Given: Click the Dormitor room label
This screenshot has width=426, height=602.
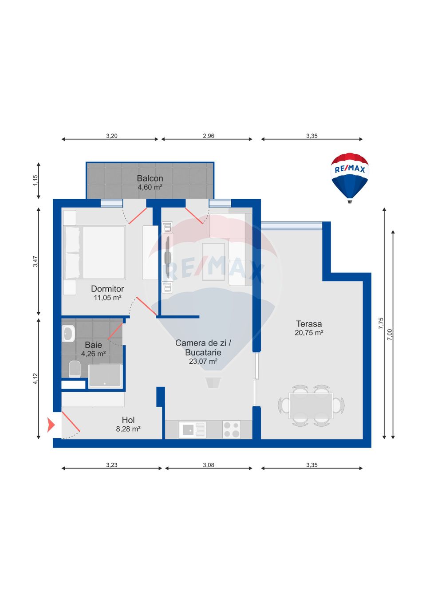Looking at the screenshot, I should point(107,289).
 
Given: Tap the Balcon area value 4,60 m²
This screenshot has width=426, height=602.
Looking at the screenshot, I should point(150,188).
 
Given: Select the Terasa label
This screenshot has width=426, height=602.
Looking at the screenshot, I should point(309,324).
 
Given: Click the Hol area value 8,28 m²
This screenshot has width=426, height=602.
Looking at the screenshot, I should point(128,429).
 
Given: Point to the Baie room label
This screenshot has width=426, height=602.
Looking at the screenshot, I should point(93,345).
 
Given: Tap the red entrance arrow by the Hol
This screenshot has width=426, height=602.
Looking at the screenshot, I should point(51,425).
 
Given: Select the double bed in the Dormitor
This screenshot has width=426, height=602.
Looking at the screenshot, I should point(95,252).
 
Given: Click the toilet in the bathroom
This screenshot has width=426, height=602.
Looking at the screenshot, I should point(75,369).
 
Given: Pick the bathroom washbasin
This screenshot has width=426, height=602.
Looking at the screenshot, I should point(68,334).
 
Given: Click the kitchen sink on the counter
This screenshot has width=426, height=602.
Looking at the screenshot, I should point(192,429).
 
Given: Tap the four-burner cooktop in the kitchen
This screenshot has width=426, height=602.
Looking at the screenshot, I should point(231,429).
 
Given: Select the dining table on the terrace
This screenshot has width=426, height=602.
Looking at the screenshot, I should point(311,405).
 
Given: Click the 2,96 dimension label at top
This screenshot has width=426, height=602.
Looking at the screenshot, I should point(208,136).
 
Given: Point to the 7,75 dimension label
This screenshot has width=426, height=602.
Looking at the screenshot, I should point(381,323).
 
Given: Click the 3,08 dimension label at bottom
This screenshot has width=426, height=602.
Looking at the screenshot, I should point(208,465).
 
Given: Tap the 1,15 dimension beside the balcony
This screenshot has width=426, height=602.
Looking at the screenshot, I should point(35,180).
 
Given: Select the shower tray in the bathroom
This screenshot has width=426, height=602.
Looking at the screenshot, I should point(105,376).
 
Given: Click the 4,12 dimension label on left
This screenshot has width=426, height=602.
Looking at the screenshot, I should point(35,378).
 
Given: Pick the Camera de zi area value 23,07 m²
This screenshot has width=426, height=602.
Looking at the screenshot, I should point(203,362).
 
